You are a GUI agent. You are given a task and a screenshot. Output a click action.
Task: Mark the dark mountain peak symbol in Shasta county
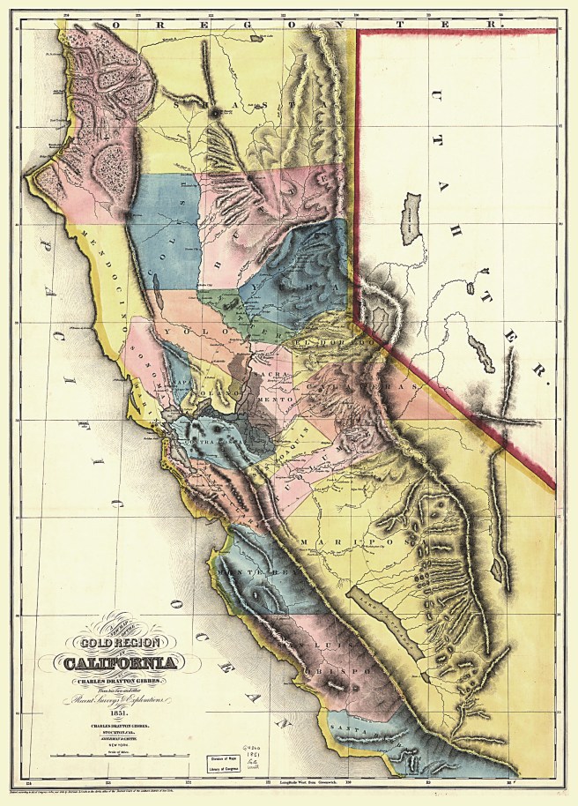216,112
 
